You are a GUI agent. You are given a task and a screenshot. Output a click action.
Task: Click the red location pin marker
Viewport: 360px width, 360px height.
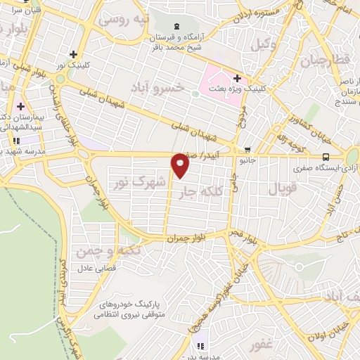pos(181,166)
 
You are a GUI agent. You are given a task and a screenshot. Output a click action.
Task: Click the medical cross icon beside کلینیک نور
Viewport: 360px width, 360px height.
pos(73,54)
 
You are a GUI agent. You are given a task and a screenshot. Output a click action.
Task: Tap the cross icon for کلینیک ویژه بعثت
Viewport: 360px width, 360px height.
pos(237,78)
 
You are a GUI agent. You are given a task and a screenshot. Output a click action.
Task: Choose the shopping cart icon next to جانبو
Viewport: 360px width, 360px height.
pos(247,149)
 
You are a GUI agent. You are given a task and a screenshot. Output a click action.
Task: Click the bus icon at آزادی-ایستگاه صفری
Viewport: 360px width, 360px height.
pos(326,157)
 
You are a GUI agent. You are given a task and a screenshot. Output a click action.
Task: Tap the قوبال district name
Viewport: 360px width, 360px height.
pos(283,188)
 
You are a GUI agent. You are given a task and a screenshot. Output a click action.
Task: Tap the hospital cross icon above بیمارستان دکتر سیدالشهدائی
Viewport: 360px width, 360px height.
pos(20,106)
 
